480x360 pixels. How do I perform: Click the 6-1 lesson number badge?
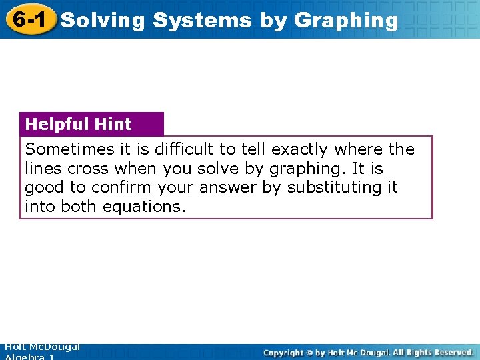[x=28, y=19]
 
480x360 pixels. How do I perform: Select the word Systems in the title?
[x=202, y=21]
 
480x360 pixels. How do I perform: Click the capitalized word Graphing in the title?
[x=345, y=21]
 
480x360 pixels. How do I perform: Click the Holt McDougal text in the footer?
[x=41, y=347]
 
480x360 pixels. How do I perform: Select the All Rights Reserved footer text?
[x=433, y=352]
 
